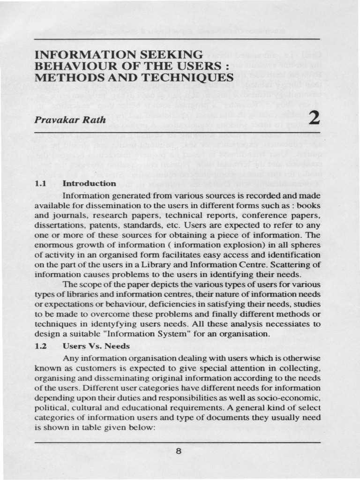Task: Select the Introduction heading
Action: (x=89, y=183)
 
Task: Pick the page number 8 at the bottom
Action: (x=178, y=451)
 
